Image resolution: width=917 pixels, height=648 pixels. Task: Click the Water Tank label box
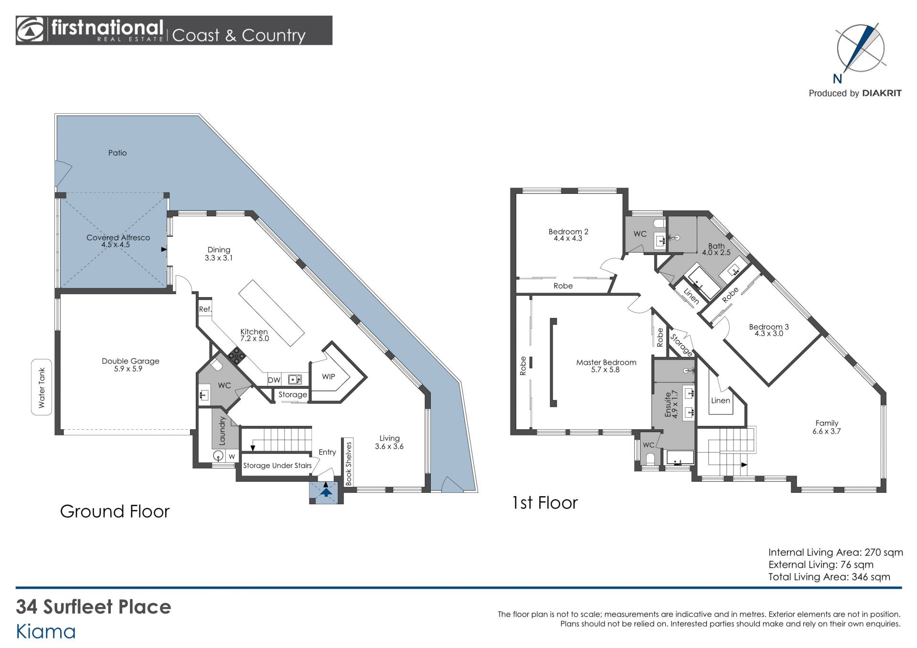(x=42, y=387)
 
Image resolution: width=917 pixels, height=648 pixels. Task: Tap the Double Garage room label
(x=130, y=361)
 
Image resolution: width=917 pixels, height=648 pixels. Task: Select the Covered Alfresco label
(x=118, y=237)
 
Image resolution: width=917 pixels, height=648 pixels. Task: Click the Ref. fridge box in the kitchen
(x=205, y=309)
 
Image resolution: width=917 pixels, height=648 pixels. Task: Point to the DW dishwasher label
(x=274, y=380)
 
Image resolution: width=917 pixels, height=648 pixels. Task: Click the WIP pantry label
(x=328, y=376)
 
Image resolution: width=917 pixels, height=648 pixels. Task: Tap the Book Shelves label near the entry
(x=348, y=464)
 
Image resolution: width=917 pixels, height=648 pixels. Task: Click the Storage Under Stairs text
(x=277, y=465)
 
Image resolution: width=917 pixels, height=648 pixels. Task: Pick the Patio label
(x=117, y=153)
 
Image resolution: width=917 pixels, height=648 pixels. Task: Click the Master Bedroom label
(x=606, y=362)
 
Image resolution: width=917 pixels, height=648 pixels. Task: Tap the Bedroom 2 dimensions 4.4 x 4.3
(x=568, y=238)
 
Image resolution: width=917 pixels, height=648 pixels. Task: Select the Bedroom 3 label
(x=768, y=327)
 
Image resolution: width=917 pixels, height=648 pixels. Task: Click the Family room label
(x=827, y=423)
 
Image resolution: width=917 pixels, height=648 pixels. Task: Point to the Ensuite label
(x=668, y=404)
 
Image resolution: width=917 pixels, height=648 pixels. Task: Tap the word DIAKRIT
(x=882, y=93)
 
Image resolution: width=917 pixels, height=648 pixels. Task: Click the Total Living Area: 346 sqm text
(x=829, y=576)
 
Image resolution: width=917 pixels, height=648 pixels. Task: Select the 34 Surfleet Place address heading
(x=94, y=606)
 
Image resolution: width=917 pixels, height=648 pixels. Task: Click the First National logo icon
(x=30, y=30)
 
